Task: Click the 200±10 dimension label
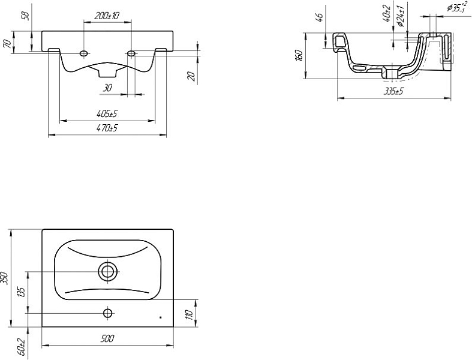click(107, 16)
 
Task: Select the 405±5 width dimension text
click(107, 113)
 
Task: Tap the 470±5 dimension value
click(107, 128)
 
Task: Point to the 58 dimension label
click(26, 16)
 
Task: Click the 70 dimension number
click(8, 44)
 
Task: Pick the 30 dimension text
click(107, 88)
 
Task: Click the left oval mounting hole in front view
click(84, 53)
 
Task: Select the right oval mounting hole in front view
click(131, 53)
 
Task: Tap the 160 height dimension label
click(299, 56)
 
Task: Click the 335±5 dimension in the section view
click(393, 91)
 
